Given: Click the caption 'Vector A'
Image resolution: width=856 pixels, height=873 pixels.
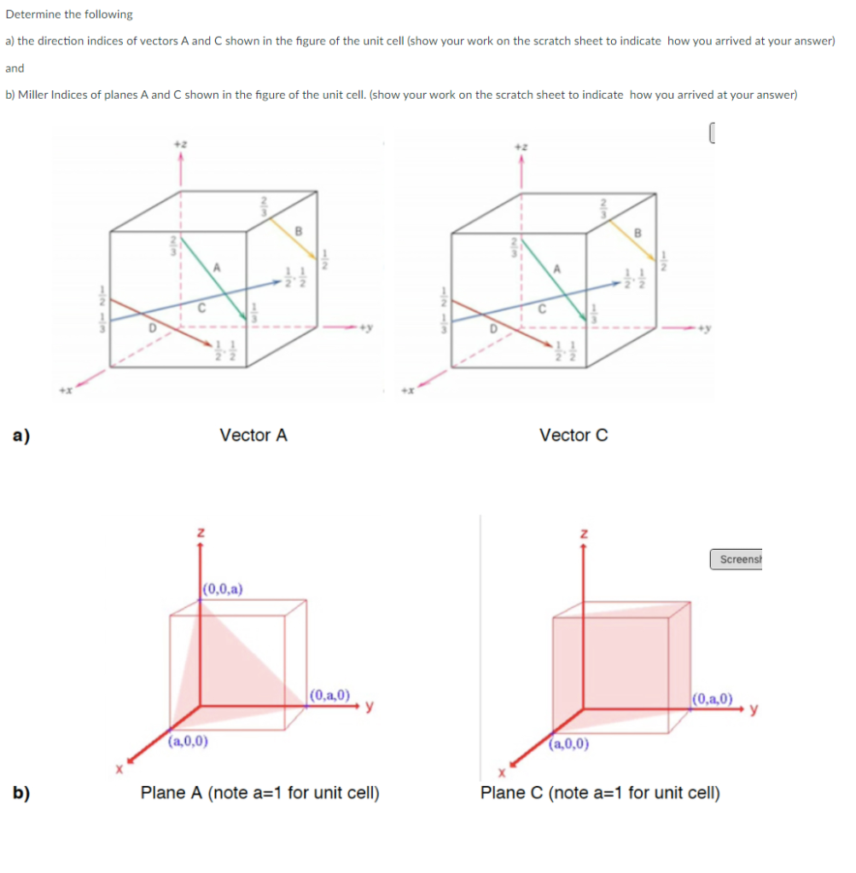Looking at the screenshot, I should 253,436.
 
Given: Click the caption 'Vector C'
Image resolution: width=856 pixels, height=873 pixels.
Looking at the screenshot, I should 574,436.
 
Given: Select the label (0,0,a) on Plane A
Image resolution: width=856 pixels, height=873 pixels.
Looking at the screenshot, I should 224,588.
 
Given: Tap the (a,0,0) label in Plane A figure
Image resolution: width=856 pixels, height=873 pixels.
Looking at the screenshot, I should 189,742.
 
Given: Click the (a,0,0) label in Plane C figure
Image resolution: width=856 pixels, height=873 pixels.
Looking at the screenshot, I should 569,743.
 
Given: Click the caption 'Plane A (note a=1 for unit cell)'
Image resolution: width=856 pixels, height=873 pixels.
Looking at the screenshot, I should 260,794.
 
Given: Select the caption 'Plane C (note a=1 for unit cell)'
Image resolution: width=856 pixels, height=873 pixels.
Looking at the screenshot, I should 600,794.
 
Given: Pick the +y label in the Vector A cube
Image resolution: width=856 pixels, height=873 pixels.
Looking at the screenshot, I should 367,326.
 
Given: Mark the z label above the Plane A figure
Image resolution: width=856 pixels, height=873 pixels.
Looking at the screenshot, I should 201,532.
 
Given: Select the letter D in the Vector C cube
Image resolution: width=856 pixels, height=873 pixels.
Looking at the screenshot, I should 492,325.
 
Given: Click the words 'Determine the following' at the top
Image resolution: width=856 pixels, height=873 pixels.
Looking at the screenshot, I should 69,14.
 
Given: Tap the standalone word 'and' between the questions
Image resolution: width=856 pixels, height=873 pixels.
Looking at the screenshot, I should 15,68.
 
